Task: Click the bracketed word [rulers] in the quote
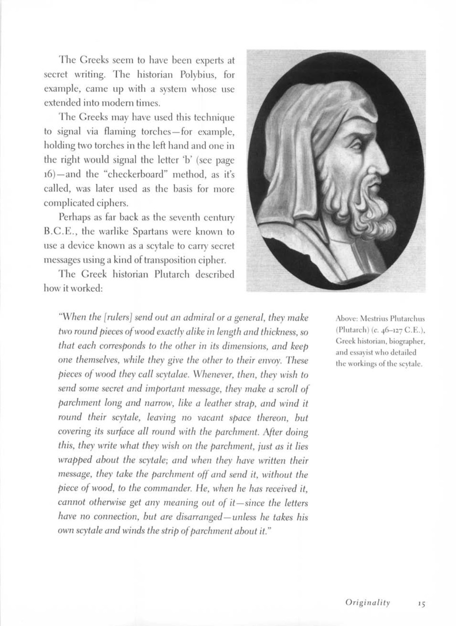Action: click(x=119, y=318)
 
